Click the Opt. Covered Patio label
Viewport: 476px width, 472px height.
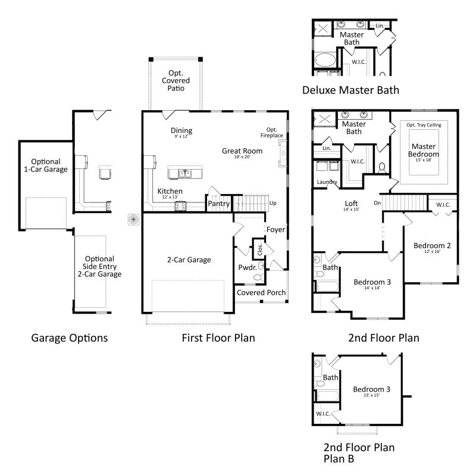coord(175,80)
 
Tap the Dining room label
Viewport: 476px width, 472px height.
coord(181,131)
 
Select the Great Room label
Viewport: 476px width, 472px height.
coord(242,151)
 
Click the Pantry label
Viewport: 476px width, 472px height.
coord(218,204)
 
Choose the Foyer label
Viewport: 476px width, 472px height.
coord(275,229)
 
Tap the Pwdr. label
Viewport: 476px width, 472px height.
coord(248,267)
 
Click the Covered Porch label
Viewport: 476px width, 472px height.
coord(261,293)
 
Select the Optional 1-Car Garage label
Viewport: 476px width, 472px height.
coord(49,165)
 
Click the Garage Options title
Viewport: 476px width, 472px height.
coord(69,338)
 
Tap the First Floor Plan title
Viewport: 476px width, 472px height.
coord(218,338)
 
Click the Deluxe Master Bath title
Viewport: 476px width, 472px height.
coord(350,90)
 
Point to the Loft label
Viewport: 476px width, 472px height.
coord(351,202)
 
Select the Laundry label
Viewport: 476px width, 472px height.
coord(327,182)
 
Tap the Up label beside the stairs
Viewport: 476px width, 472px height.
coord(273,204)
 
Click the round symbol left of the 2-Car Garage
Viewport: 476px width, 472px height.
coord(133,220)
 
